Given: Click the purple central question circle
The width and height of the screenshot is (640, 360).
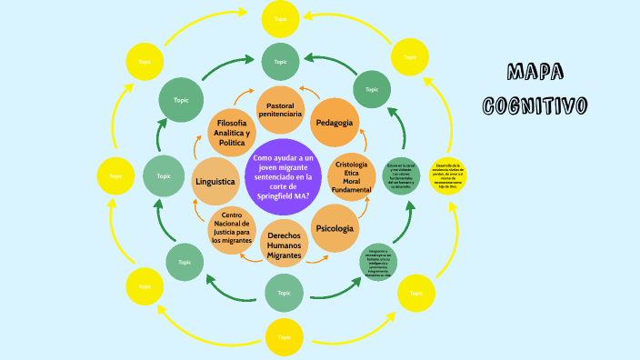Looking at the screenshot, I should [x=281, y=176].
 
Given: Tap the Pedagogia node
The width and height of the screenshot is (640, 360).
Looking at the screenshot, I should [x=335, y=123].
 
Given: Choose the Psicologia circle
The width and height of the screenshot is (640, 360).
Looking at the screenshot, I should [x=335, y=228].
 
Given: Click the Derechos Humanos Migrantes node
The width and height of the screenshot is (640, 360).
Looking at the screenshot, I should [x=284, y=243].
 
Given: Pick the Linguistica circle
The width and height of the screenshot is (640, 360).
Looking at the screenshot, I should [x=215, y=182].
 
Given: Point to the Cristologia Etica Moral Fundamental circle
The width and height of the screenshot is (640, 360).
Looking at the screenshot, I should [x=352, y=176].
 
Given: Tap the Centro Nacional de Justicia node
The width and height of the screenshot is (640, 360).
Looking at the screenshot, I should [x=231, y=228].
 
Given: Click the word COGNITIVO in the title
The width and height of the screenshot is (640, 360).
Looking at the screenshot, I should [x=535, y=105].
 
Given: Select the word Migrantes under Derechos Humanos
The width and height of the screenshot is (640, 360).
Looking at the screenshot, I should [x=284, y=255].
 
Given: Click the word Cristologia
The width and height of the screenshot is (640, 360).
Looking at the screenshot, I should [x=352, y=164].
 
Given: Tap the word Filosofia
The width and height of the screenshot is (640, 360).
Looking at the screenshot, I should [x=231, y=123].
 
